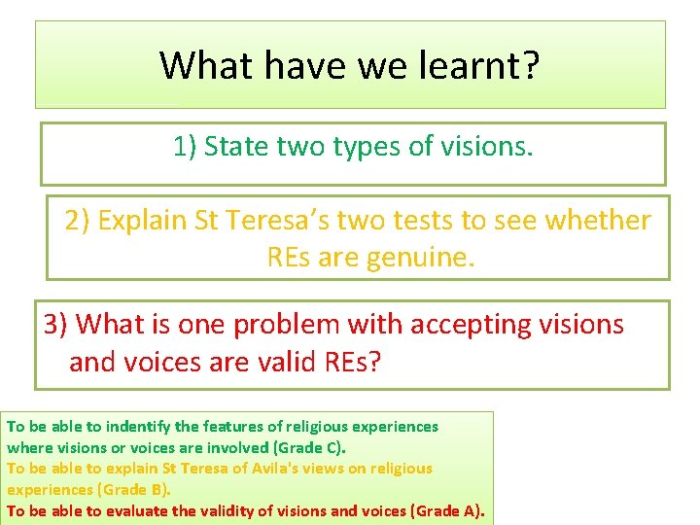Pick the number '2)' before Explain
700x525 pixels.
click(78, 221)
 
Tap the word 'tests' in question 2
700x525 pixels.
click(417, 221)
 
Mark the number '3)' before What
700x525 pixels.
click(56, 324)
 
